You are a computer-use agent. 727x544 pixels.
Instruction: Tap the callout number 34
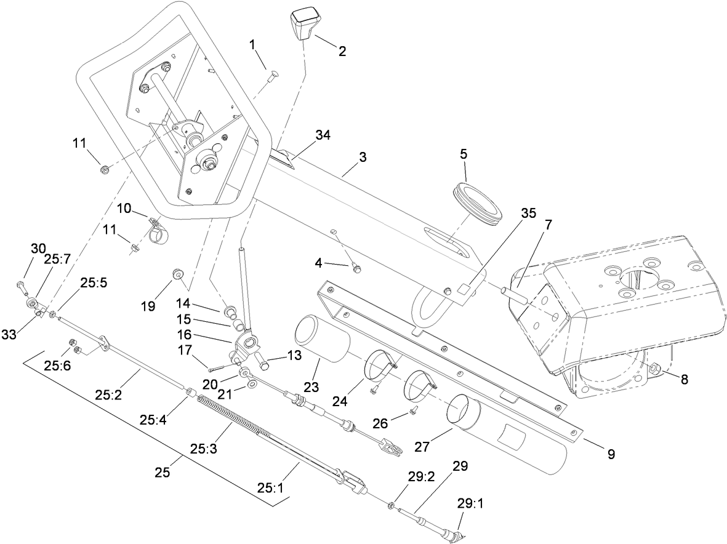(322, 135)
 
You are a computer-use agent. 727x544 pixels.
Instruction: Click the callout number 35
(528, 213)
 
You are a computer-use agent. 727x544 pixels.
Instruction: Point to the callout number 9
(611, 455)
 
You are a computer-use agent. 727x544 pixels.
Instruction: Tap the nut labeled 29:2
(390, 506)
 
